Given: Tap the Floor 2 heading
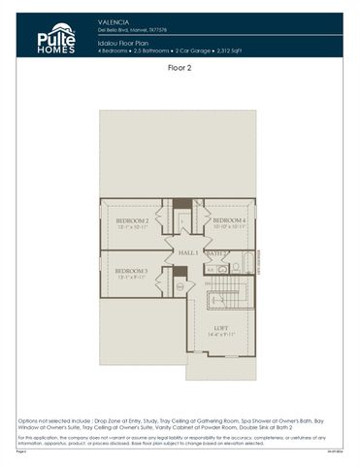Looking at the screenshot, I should [180, 69].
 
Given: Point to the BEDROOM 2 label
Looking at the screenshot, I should [132, 221].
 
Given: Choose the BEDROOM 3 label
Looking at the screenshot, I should [132, 271].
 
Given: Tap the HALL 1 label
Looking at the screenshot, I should [186, 252].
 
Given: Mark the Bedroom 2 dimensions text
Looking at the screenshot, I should [132, 228].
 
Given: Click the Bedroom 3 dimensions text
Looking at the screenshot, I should [132, 278].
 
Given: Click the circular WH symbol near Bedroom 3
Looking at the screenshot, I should [179, 286].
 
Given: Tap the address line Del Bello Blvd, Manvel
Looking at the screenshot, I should [132, 28].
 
